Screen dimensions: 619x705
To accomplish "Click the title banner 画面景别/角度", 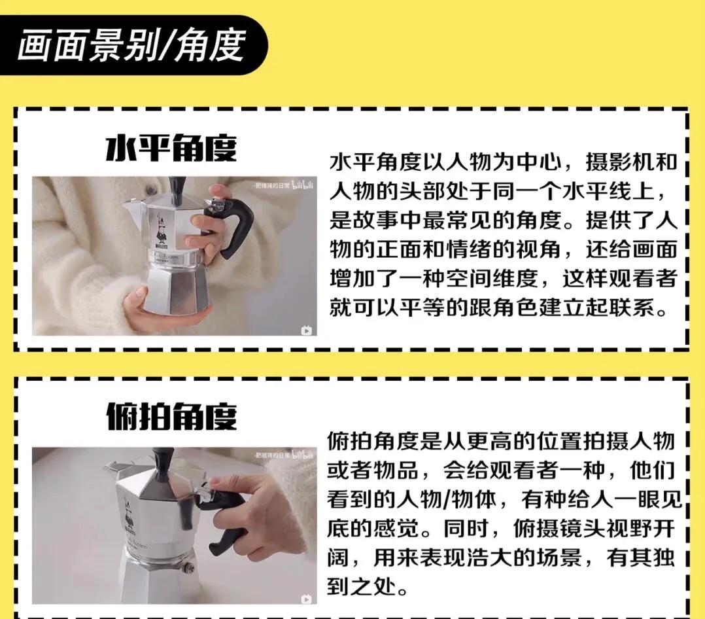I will click(x=131, y=46).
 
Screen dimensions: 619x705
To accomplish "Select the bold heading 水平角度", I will click(x=171, y=149).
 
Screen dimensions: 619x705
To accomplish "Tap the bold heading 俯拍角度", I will click(x=171, y=417).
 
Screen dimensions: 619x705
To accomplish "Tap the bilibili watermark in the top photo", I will click(x=303, y=185).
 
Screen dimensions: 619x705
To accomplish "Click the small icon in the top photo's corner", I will click(x=305, y=330).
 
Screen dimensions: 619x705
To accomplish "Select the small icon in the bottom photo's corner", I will click(x=305, y=598).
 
